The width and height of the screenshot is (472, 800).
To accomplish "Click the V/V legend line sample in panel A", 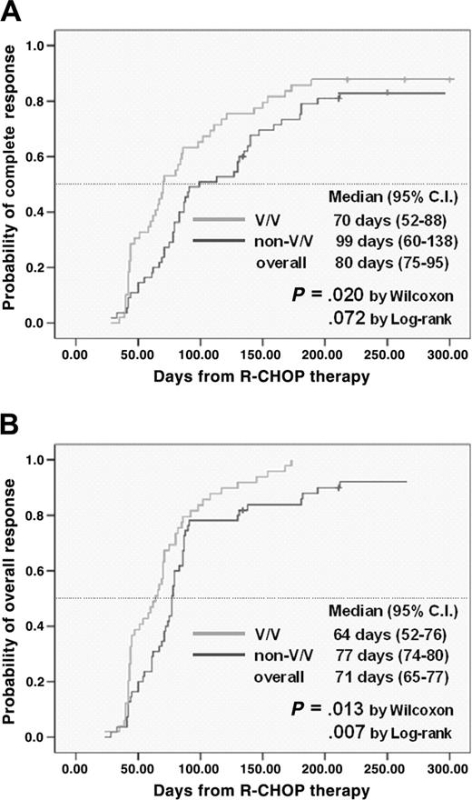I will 220,219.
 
